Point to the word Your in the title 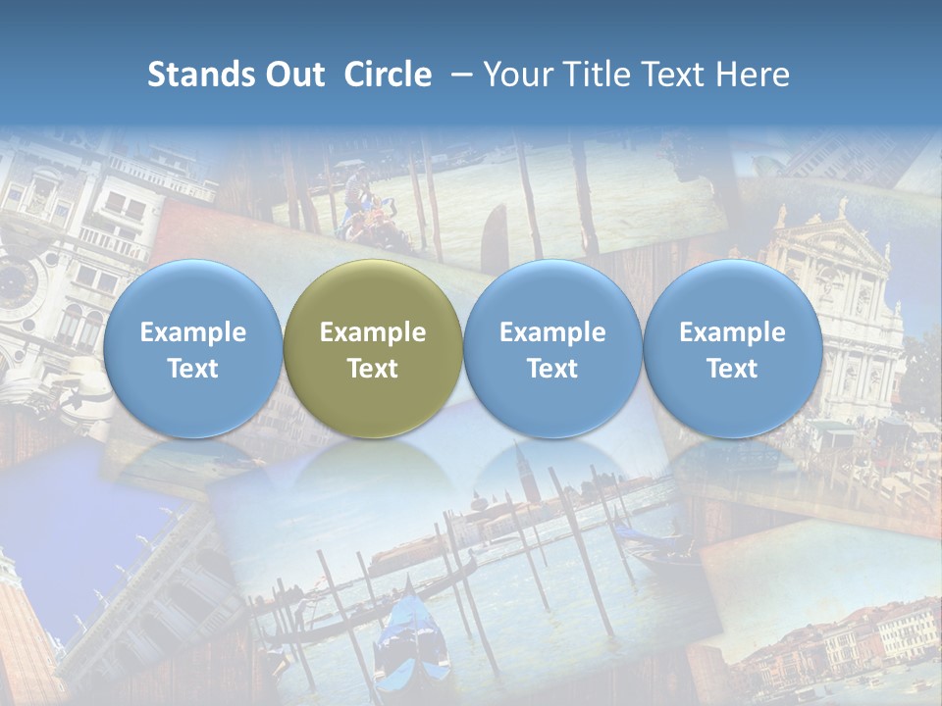tap(516, 75)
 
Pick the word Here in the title tap(754, 75)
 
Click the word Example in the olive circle tap(373, 332)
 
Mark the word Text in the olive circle tap(373, 369)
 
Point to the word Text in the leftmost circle tap(193, 369)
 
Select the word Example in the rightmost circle tap(732, 332)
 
